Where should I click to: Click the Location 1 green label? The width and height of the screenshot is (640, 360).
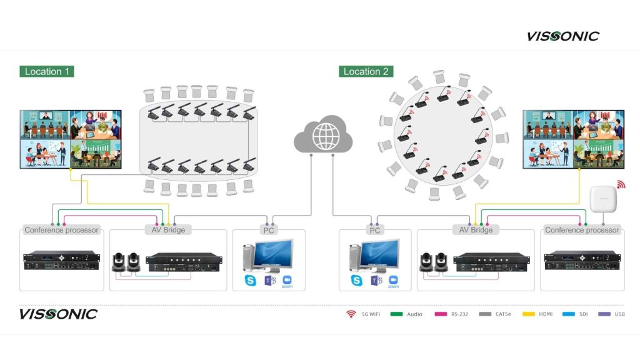click(x=47, y=71)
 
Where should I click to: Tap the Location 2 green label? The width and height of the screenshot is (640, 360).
click(x=366, y=71)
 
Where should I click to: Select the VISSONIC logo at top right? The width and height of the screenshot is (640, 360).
click(x=562, y=36)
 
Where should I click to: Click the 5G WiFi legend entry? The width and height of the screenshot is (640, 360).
click(x=363, y=314)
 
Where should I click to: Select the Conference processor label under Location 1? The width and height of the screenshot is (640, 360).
click(x=61, y=230)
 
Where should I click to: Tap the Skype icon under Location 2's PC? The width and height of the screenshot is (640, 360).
click(x=357, y=280)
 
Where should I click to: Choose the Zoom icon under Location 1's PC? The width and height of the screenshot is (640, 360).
click(x=287, y=281)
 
